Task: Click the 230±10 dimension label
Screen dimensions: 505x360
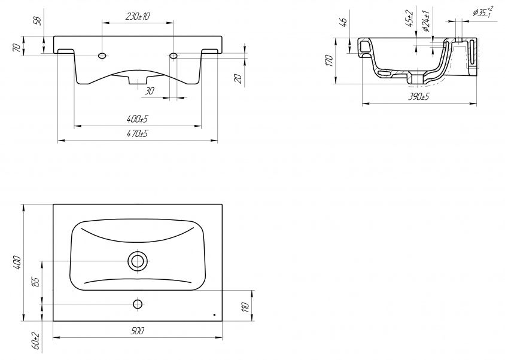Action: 138,16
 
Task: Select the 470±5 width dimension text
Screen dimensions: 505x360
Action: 138,133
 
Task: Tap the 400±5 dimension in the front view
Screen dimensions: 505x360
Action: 138,119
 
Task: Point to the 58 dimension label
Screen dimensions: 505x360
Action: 38,22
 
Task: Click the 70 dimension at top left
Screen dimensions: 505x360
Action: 19,47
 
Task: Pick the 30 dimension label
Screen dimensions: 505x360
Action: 149,91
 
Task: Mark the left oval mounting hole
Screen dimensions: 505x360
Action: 103,56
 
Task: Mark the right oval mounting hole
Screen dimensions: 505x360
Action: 174,56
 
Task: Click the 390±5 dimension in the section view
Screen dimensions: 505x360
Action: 419,97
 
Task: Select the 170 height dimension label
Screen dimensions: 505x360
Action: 329,61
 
